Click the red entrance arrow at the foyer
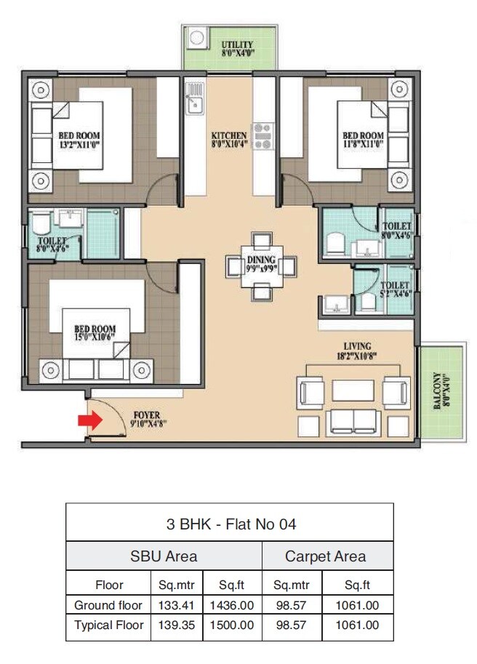pos(89,420)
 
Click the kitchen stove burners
pos(262,135)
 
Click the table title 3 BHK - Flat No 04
pos(229,524)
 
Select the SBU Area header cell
pos(164,557)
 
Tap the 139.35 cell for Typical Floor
pos(174,625)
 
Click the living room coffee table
pos(353,390)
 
